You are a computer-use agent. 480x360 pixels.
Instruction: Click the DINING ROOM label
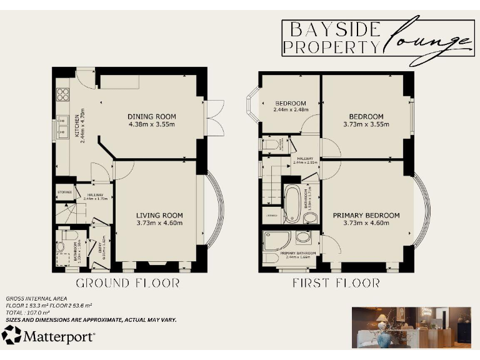pos(152,116)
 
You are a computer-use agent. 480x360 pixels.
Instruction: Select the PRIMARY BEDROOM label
pos(366,216)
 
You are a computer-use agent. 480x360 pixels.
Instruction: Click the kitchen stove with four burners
pos(63,94)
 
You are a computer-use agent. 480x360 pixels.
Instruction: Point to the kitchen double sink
pos(62,127)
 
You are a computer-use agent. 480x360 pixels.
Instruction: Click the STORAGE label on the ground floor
pos(65,192)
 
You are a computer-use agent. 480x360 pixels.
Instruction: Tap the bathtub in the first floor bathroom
pos(292,203)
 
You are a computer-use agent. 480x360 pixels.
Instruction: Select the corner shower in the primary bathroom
pos(275,241)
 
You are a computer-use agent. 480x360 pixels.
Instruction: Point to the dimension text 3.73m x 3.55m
pos(366,124)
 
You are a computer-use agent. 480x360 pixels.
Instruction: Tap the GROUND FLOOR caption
pos(128,283)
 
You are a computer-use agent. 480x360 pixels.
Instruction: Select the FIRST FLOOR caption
pos(336,283)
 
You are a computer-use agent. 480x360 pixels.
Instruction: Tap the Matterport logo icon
pos(11,336)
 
